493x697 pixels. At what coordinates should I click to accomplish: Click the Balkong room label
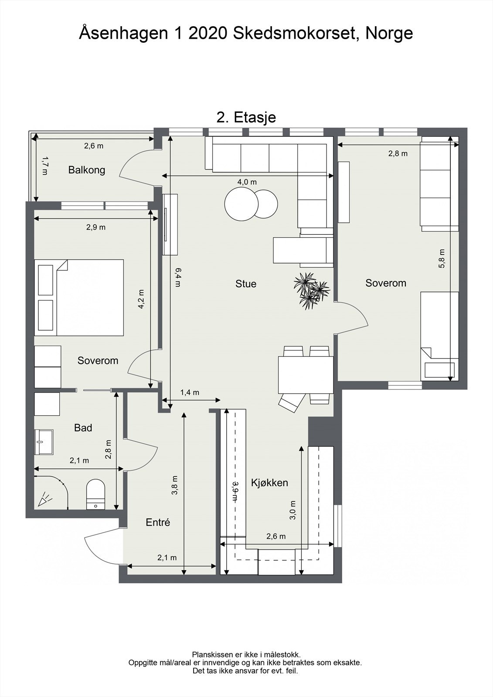[87, 170]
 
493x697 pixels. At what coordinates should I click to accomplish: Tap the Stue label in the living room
[246, 284]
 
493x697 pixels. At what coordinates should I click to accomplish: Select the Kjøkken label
[269, 483]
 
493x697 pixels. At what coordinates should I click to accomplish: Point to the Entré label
[158, 522]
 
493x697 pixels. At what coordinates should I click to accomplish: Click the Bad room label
[83, 428]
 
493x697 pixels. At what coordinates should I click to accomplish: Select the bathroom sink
[44, 442]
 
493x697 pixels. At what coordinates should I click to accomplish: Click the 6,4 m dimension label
[177, 277]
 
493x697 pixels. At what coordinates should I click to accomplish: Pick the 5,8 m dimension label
[442, 258]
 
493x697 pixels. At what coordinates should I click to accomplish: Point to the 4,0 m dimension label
[247, 182]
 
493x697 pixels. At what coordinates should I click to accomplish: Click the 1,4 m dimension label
[190, 392]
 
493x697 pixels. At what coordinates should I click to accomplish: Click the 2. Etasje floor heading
[246, 118]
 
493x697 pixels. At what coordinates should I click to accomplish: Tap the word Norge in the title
[389, 33]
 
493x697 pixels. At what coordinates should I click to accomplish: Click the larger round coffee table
[241, 204]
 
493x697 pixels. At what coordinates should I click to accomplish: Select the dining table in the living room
[306, 375]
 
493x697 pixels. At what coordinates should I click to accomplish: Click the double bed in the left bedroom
[79, 298]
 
